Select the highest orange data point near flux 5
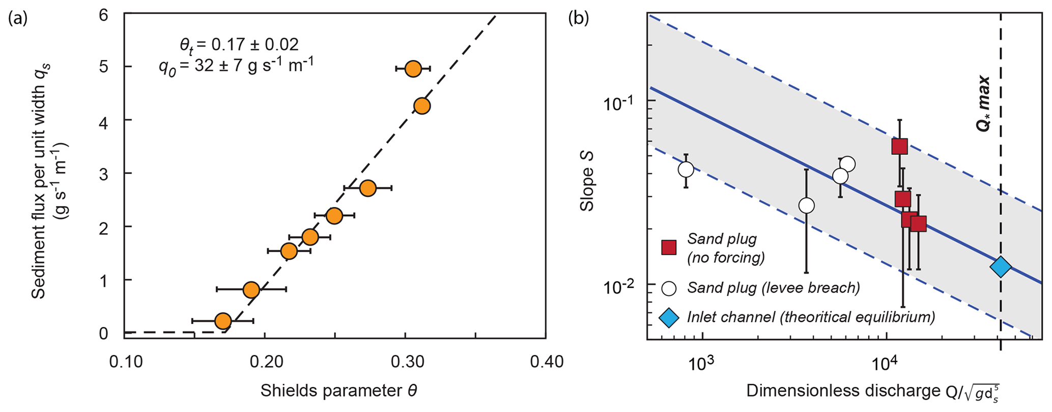(413, 69)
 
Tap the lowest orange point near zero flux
(223, 321)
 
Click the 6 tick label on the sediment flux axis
(103, 15)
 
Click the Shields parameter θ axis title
(339, 391)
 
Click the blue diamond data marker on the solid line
(1000, 267)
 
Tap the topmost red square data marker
(899, 146)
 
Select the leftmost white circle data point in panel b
(686, 169)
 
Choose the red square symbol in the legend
(668, 247)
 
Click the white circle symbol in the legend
(668, 288)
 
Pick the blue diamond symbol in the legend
(668, 318)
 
